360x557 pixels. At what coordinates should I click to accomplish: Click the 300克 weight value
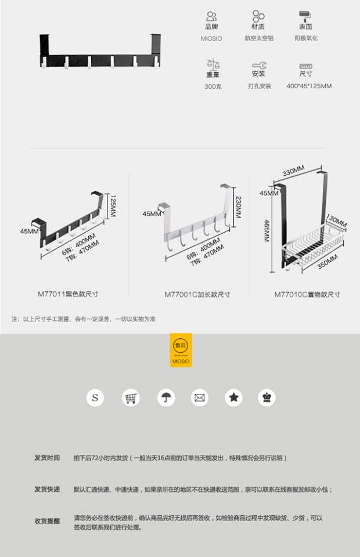point(213,86)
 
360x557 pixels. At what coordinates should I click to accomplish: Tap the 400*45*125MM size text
point(309,86)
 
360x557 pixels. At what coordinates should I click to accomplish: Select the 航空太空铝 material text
point(259,38)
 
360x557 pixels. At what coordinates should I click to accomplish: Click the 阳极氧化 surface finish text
point(306,38)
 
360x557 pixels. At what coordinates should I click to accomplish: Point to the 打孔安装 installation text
point(259,86)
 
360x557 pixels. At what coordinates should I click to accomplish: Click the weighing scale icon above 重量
point(213,64)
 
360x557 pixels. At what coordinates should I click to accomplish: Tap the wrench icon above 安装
point(259,65)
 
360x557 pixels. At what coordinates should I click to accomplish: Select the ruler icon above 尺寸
point(306,66)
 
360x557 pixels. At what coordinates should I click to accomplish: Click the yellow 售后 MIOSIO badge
point(181,350)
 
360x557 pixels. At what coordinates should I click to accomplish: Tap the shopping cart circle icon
point(131,398)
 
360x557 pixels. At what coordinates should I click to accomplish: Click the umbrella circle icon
point(165,398)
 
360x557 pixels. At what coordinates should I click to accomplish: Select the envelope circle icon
point(200,398)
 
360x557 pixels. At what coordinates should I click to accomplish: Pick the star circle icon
point(233,398)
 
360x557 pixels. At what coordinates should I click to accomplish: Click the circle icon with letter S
point(95,398)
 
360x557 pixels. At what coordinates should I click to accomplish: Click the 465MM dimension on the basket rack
point(267,230)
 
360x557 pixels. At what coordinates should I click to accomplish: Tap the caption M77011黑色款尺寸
point(73,294)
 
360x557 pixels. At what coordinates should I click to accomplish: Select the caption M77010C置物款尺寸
point(307,295)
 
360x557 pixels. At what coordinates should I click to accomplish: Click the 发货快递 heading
point(46,490)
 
